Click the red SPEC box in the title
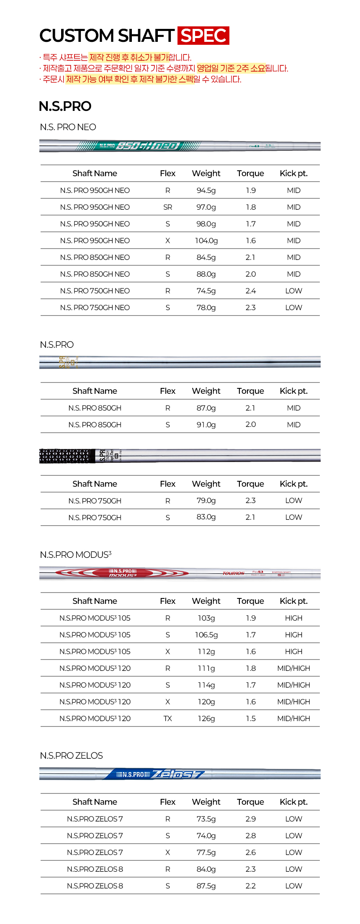coord(203,36)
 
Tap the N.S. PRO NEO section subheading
coord(68,127)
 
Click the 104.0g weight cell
coord(206,241)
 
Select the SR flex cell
coord(167,207)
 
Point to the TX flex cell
coord(167,719)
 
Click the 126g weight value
coord(206,719)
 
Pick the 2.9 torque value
coord(250,819)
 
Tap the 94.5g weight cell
coord(206,190)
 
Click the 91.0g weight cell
coord(206,425)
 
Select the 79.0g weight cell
coord(206,501)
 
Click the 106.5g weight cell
coord(206,635)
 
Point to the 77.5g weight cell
coord(206,852)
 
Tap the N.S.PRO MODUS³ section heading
coord(76,555)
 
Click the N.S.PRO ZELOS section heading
coord(72,756)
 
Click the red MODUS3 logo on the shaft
coord(123,573)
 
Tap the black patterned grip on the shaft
coord(67,456)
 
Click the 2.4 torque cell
coord(250,291)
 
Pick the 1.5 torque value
coord(250,719)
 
